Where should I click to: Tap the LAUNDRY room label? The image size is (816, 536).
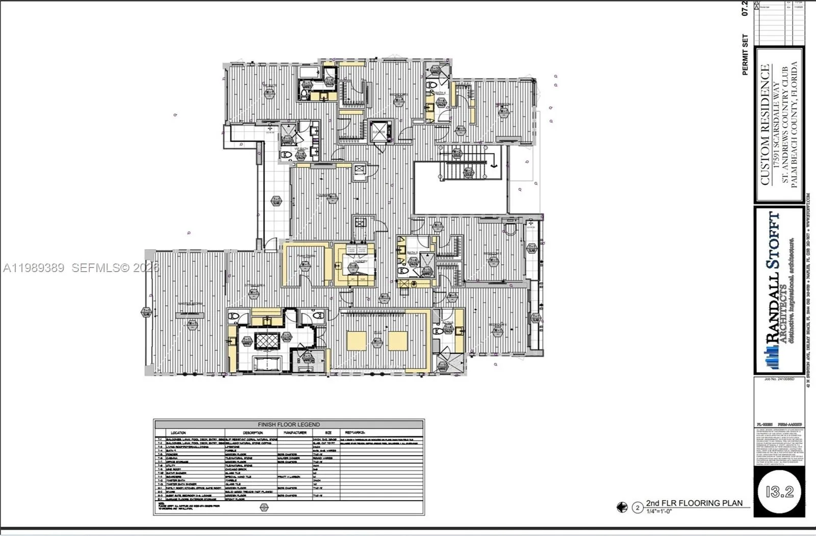pyautogui.click(x=360, y=261)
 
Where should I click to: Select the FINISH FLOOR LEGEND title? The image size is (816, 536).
pyautogui.click(x=289, y=424)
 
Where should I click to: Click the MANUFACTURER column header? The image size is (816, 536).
pyautogui.click(x=295, y=432)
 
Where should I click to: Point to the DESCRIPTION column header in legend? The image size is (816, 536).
pyautogui.click(x=252, y=432)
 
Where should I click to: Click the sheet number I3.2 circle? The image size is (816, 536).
pyautogui.click(x=779, y=492)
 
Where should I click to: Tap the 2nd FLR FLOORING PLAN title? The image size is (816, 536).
pyautogui.click(x=694, y=503)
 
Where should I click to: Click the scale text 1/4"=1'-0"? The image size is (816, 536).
pyautogui.click(x=659, y=511)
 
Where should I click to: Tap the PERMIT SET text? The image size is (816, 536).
pyautogui.click(x=745, y=55)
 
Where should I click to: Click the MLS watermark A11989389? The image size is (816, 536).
pyautogui.click(x=34, y=267)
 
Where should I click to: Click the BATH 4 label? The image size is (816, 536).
pyautogui.click(x=441, y=93)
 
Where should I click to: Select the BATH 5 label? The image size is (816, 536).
pyautogui.click(x=412, y=253)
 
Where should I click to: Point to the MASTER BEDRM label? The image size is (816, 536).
pyautogui.click(x=190, y=304)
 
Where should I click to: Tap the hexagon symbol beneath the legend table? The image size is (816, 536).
pyautogui.click(x=264, y=507)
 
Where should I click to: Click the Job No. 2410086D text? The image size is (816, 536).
pyautogui.click(x=779, y=379)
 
